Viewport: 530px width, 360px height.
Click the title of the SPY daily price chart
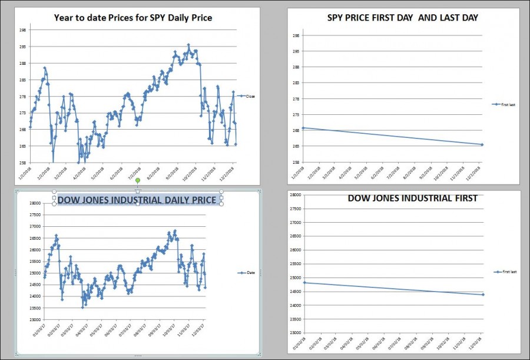pyautogui.click(x=133, y=18)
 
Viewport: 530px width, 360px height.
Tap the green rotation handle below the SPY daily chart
pyautogui.click(x=137, y=180)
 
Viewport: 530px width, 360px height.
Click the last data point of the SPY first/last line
pyautogui.click(x=482, y=144)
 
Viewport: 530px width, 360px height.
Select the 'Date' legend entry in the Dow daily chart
pyautogui.click(x=250, y=273)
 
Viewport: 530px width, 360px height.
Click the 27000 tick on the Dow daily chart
pyautogui.click(x=36, y=226)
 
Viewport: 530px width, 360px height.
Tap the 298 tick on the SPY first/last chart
pyautogui.click(x=296, y=35)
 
